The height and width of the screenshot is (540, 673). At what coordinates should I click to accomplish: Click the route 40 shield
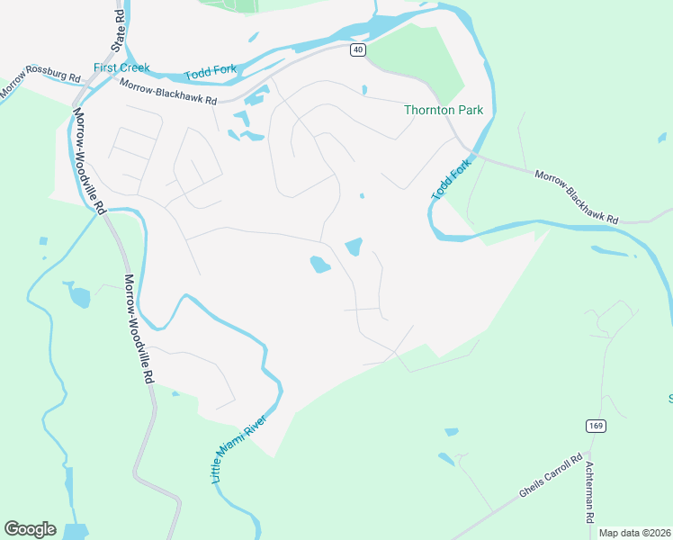(358, 50)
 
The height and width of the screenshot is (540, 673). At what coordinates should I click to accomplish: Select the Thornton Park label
(444, 110)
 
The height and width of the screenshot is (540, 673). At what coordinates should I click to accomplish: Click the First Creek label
(121, 67)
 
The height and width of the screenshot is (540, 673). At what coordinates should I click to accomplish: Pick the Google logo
(30, 529)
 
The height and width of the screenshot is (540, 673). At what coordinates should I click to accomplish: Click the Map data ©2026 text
(634, 533)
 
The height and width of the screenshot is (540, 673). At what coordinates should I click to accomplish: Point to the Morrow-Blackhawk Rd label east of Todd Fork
(577, 197)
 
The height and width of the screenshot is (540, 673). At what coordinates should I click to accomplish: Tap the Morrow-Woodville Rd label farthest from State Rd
(139, 329)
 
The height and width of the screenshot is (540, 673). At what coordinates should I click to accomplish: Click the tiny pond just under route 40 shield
(363, 90)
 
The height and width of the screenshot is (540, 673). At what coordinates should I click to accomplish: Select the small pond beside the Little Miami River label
(175, 393)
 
